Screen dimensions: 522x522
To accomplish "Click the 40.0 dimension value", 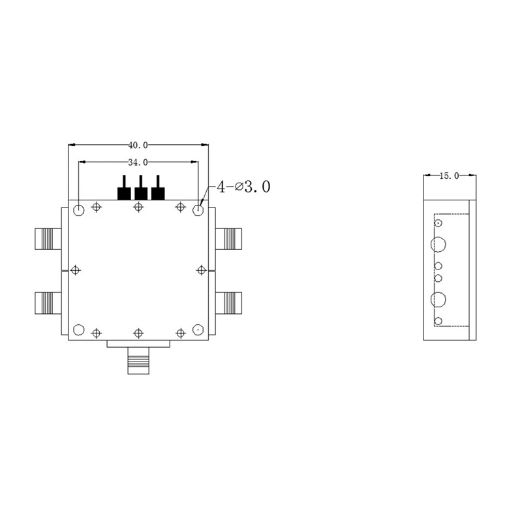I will [138, 145].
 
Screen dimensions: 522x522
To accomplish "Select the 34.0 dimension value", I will [138, 162].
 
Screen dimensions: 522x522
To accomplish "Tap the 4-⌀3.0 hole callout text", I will [243, 187].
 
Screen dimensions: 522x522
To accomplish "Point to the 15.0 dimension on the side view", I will [449, 176].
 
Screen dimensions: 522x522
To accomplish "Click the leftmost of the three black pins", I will [123, 192].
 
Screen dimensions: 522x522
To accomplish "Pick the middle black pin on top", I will [140, 192].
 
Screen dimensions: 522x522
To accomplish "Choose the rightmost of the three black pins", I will [158, 192].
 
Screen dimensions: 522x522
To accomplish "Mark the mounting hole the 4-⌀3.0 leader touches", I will [198, 210].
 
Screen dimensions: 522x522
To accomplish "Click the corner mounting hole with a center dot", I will [198, 330].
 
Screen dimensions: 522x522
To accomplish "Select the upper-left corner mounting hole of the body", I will [78, 210].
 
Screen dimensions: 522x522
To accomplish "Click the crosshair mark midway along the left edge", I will [76, 270].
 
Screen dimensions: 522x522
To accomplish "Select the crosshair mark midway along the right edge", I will [200, 270].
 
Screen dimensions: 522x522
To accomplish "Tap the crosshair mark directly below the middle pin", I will [138, 207].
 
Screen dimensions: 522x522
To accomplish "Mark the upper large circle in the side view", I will [438, 245].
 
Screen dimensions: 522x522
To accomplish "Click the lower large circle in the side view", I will [438, 299].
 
